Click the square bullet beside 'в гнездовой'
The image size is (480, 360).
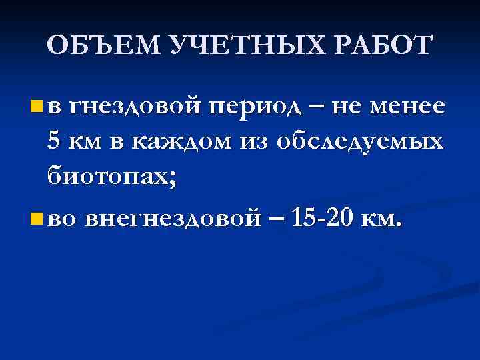coord(36,105)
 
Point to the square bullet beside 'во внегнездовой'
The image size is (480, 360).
coord(36,217)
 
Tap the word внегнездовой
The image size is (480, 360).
coord(170,217)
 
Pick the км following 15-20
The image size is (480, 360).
coord(383,217)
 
